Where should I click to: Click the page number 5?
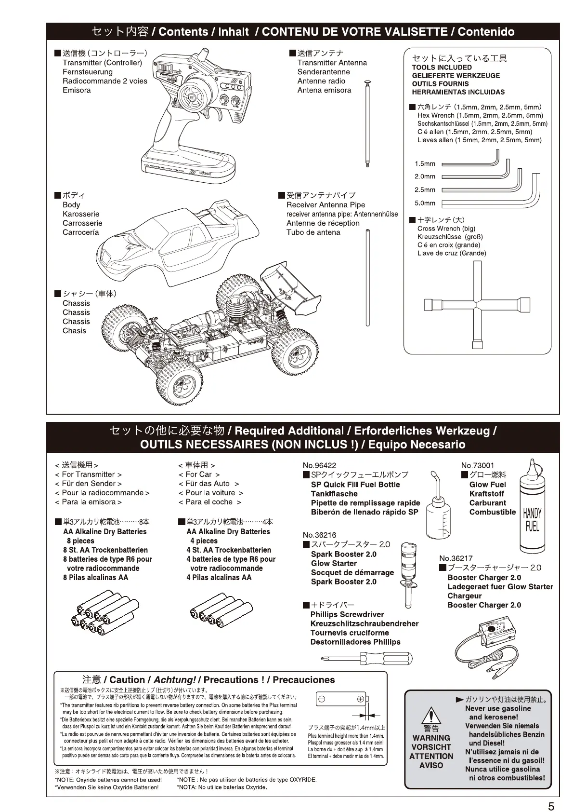[x=551, y=806]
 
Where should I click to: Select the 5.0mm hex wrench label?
[x=425, y=203]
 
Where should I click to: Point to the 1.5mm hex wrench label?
[x=425, y=163]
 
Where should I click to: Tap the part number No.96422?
[x=319, y=465]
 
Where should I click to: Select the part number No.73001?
[x=478, y=465]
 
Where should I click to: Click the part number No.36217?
[x=456, y=558]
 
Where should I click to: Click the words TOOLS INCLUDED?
[x=442, y=68]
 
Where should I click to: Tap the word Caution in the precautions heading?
[x=127, y=680]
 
